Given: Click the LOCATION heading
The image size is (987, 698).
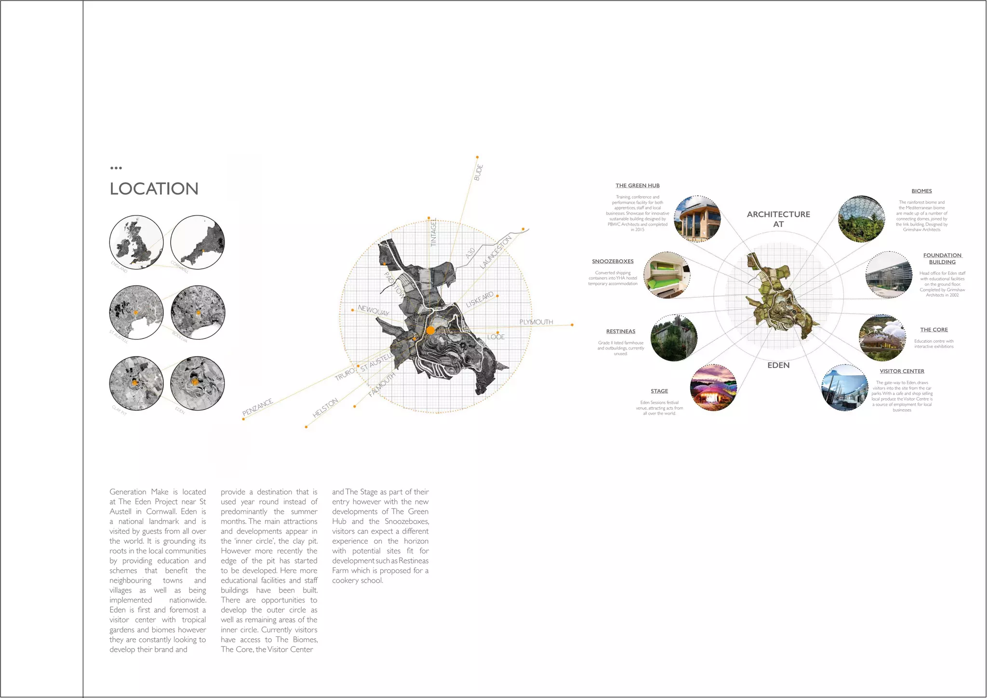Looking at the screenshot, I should (154, 188).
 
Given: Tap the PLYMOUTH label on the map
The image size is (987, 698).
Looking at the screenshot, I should (536, 322).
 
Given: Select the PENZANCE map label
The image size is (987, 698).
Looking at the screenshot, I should (257, 407).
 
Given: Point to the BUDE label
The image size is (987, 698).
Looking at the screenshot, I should (479, 172).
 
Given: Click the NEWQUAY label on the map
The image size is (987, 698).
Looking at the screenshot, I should (373, 310).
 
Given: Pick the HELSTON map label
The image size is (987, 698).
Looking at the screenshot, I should (325, 408).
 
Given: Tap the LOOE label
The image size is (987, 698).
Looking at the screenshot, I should (495, 337).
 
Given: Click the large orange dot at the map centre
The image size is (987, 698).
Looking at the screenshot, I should (430, 330).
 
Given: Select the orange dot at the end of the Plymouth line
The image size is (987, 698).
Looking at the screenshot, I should (572, 325).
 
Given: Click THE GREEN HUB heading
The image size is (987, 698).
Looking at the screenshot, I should (637, 186).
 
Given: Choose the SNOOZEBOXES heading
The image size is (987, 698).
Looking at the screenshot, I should (613, 261).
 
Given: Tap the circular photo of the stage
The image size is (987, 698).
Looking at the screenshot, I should (713, 388).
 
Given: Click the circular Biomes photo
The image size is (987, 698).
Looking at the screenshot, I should (861, 219).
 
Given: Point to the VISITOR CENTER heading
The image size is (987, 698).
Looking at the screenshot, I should (902, 371).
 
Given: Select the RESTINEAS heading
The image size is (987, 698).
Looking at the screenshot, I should (621, 331).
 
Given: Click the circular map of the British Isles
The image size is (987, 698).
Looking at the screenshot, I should (136, 242).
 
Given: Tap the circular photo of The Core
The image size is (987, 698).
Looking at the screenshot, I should (882, 338).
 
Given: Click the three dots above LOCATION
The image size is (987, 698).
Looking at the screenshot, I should (116, 168).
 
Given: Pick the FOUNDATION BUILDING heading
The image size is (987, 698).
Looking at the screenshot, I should (942, 259).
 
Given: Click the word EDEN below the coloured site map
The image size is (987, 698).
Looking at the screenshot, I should (778, 365).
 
